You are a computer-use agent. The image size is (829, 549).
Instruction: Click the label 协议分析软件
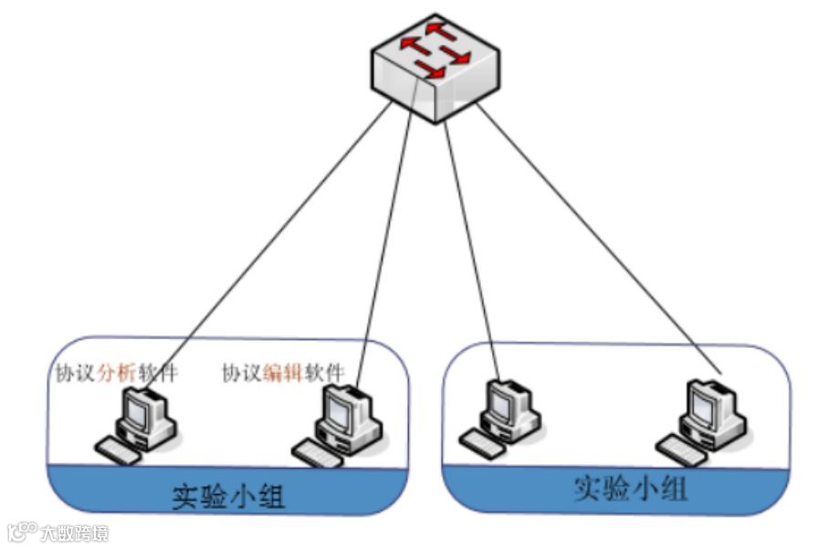[113, 373]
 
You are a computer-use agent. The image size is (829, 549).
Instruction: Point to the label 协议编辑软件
[283, 374]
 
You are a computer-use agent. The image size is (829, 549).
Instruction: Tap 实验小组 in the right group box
[630, 489]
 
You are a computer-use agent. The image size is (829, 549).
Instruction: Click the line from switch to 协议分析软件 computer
[274, 238]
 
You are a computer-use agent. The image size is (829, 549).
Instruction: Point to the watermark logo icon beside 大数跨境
[22, 531]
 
